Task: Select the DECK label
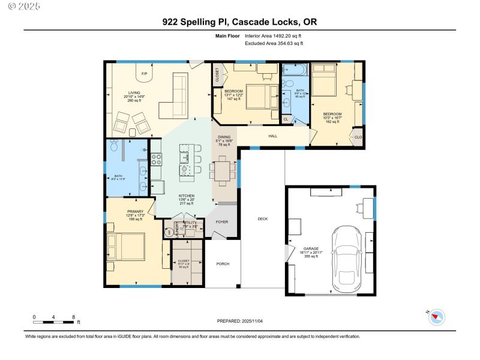click(262, 219)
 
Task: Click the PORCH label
click(223, 264)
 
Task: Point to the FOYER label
click(223, 221)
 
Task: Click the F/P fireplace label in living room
click(144, 74)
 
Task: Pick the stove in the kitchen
click(156, 159)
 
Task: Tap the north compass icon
click(436, 316)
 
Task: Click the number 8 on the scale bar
click(73, 316)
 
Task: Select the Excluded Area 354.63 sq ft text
click(274, 43)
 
